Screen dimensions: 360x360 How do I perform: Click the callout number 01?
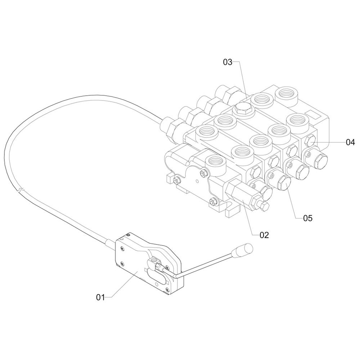100,297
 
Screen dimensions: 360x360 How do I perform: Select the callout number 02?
264,235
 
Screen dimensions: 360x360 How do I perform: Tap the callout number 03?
228,62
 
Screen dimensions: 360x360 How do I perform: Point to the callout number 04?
350,142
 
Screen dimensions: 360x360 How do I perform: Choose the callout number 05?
308,218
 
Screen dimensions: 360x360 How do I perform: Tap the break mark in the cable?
21,190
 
